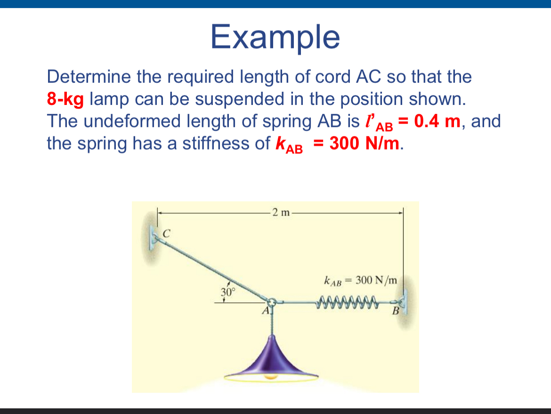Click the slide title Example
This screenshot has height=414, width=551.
tap(275, 37)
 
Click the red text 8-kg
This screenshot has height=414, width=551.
tap(65, 99)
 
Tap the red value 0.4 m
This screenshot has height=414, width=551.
tap(436, 121)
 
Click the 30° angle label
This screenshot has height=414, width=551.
tap(227, 292)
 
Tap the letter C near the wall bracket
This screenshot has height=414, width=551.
tap(166, 232)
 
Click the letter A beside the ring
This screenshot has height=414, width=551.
tap(266, 311)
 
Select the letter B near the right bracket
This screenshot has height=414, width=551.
tap(396, 311)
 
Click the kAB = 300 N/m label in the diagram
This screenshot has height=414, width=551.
tap(361, 281)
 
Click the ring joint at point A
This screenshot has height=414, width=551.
tap(273, 301)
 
